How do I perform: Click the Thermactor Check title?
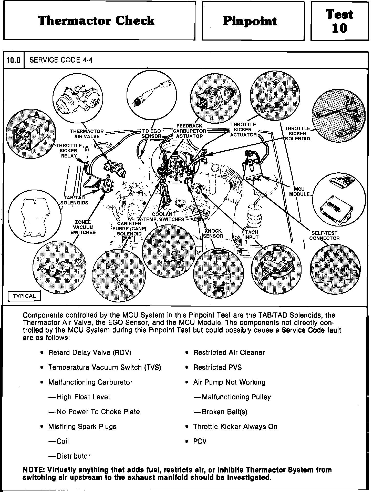96,21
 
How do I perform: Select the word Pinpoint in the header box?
250,21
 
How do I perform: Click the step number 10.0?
13,60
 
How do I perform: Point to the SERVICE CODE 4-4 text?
61,60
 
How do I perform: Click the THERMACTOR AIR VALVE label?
87,134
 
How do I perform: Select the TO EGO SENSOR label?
151,133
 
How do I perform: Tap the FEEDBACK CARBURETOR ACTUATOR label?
189,131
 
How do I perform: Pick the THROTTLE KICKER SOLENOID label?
297,133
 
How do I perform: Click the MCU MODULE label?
299,192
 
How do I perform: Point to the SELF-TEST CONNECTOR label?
324,235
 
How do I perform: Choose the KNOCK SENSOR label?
213,233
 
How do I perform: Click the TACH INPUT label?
251,235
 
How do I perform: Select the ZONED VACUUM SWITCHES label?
83,227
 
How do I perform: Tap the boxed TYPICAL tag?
24,296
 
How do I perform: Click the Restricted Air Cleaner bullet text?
229,352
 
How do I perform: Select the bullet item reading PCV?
200,441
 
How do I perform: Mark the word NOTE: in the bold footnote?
34,470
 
